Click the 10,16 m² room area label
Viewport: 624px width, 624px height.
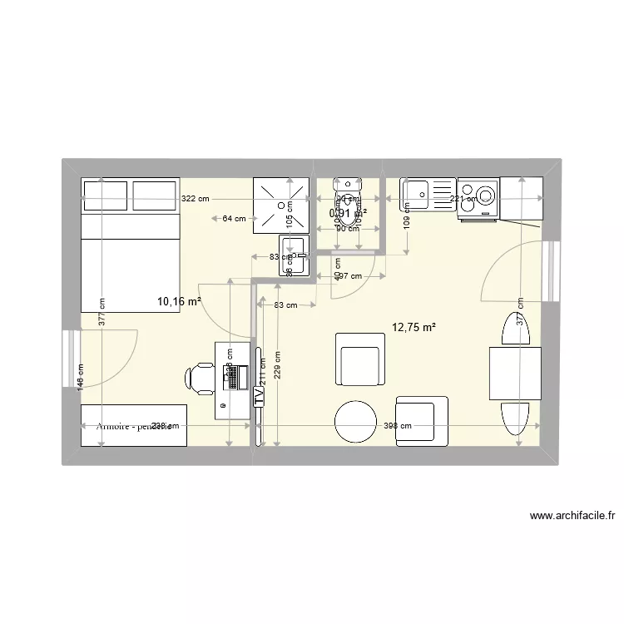click(180, 302)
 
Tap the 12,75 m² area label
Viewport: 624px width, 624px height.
click(414, 328)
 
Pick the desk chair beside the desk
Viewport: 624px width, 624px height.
click(200, 377)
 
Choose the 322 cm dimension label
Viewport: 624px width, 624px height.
click(196, 199)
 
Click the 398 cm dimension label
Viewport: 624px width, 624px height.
click(397, 426)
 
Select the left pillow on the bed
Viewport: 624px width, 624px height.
click(105, 194)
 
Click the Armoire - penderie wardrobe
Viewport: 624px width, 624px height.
click(133, 425)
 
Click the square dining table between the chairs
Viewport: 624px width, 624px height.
click(515, 374)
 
